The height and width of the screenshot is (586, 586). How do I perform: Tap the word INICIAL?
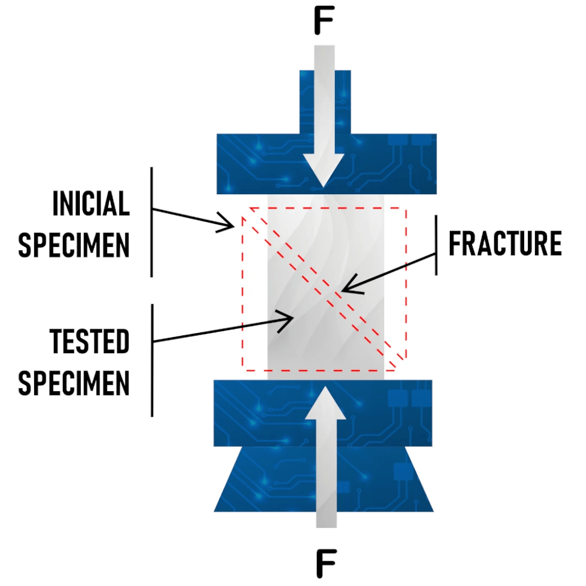click(x=91, y=203)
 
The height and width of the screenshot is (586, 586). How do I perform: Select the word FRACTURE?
click(x=505, y=244)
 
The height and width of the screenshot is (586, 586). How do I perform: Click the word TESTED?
click(x=90, y=342)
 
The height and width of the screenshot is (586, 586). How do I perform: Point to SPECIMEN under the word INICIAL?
click(x=74, y=245)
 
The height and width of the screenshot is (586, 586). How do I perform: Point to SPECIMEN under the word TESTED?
click(x=74, y=383)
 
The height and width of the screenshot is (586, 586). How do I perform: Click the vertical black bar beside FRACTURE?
click(x=437, y=244)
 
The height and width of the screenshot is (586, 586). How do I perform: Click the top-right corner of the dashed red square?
click(x=405, y=208)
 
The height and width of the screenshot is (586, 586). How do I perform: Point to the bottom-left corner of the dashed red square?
click(x=243, y=370)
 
